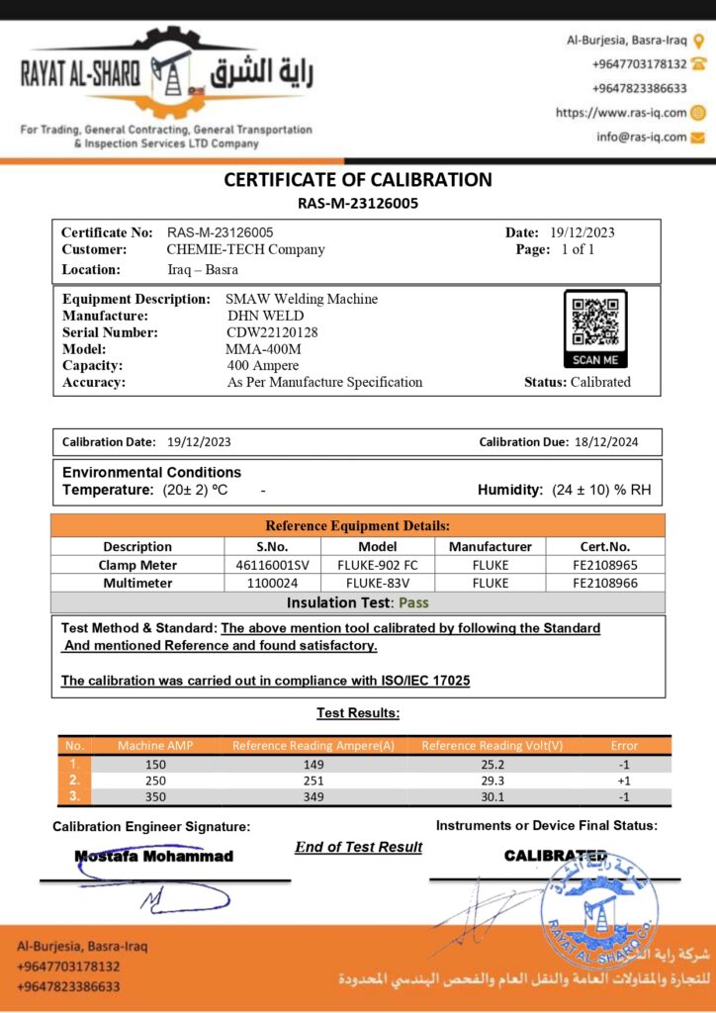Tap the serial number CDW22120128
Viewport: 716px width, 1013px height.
272,332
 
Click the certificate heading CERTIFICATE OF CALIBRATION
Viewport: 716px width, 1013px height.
358,180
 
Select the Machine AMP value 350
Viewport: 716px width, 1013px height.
155,796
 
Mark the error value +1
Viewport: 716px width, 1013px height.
624,780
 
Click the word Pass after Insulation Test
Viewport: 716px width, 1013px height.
413,601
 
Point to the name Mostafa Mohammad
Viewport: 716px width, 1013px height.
154,856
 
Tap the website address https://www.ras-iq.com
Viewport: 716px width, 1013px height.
620,113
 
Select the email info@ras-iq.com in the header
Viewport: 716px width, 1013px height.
641,137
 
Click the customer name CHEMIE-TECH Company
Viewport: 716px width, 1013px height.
246,249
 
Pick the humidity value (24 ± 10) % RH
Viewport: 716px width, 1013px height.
601,490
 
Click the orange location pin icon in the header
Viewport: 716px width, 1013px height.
698,41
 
